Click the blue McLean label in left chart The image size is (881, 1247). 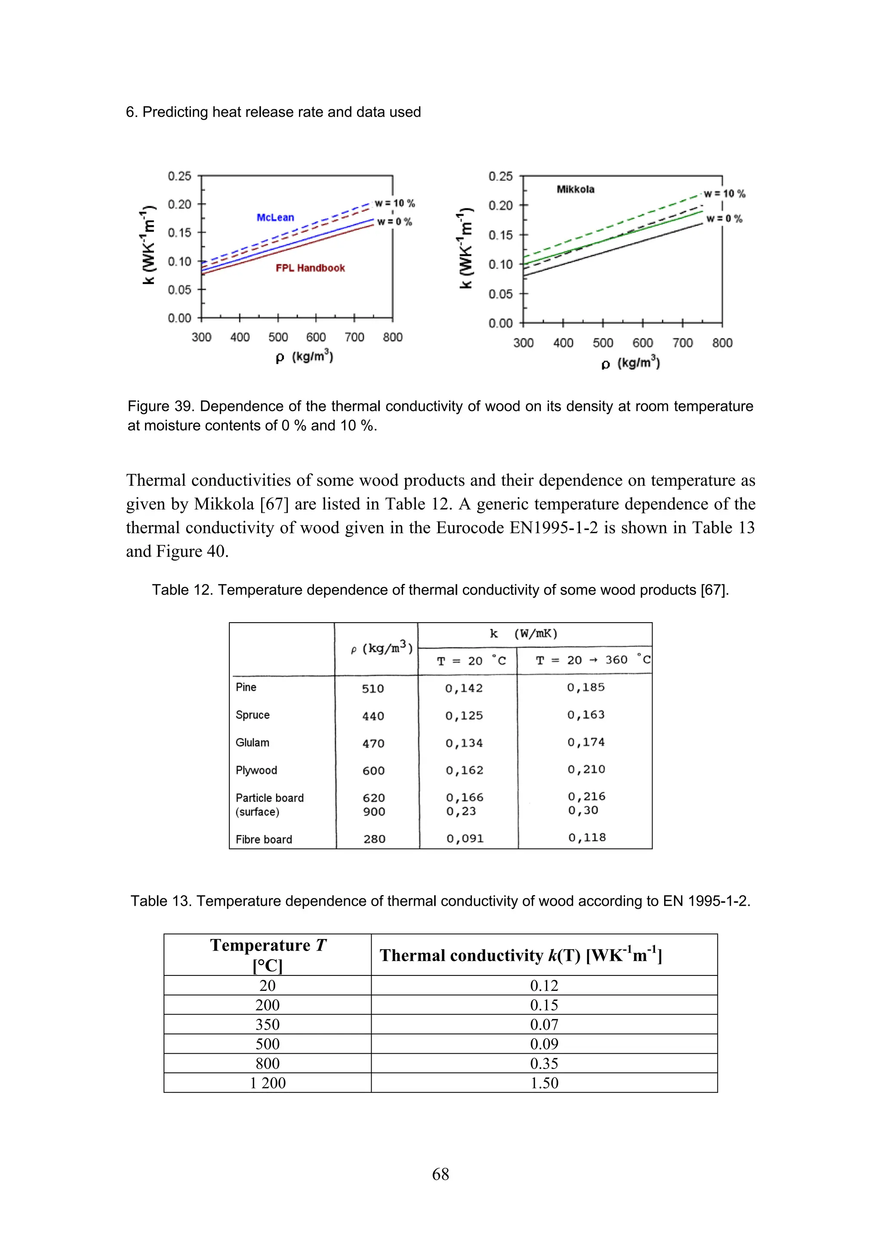275,217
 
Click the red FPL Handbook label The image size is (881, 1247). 310,268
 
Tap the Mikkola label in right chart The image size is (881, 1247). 576,189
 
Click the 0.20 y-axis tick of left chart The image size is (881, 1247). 180,204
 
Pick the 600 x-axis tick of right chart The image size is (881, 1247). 643,343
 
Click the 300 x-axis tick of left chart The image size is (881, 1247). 201,337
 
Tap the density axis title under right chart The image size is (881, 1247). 630,363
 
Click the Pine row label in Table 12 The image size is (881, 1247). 246,687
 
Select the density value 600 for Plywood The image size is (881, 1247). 373,771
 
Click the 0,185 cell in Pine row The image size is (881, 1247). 586,687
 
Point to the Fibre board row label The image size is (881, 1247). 264,839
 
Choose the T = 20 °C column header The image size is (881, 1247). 471,661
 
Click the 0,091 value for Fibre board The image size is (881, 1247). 465,839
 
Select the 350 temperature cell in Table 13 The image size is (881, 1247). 268,1024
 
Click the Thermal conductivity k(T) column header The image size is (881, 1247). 521,955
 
